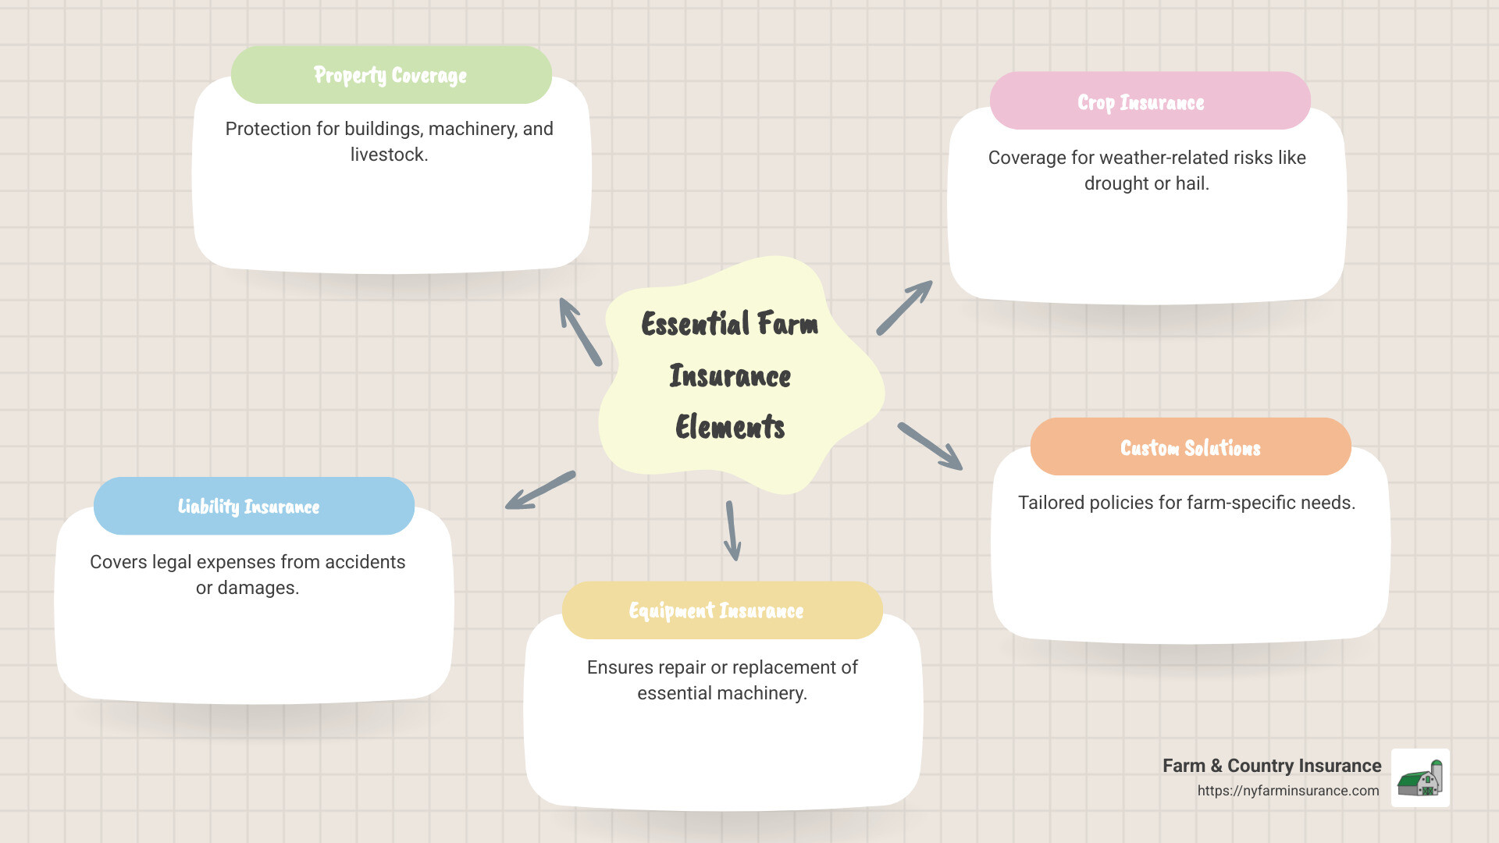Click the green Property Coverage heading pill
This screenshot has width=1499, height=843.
pyautogui.click(x=391, y=75)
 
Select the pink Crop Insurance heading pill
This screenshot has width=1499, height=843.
pyautogui.click(x=1150, y=101)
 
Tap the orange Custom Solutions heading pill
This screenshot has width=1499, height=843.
pyautogui.click(x=1191, y=446)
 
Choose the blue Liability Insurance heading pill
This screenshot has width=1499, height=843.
pyautogui.click(x=254, y=506)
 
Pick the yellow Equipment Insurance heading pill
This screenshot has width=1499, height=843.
pyautogui.click(x=722, y=610)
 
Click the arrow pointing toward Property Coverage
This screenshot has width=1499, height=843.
pyautogui.click(x=580, y=332)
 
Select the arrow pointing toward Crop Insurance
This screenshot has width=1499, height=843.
pyautogui.click(x=904, y=308)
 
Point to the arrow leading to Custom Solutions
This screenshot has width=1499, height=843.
pyautogui.click(x=930, y=446)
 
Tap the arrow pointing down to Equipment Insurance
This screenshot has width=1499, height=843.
pyautogui.click(x=732, y=531)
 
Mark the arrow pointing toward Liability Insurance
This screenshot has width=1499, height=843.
pyautogui.click(x=540, y=490)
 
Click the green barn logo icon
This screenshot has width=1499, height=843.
pyautogui.click(x=1420, y=778)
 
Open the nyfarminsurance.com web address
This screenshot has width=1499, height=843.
pyautogui.click(x=1288, y=791)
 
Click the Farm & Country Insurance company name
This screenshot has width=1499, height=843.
pyautogui.click(x=1272, y=766)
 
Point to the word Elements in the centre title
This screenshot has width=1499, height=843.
pyautogui.click(x=730, y=427)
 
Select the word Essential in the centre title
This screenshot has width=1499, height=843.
pyautogui.click(x=696, y=324)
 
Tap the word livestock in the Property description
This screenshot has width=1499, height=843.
pyautogui.click(x=389, y=155)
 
